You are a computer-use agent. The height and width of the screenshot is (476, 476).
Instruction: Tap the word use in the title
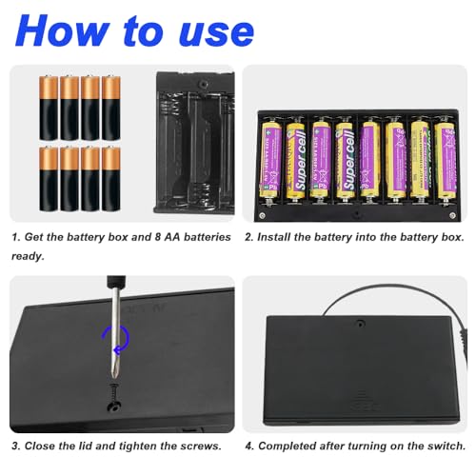(x=212, y=30)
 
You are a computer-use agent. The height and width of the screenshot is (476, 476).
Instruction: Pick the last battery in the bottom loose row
(x=111, y=178)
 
